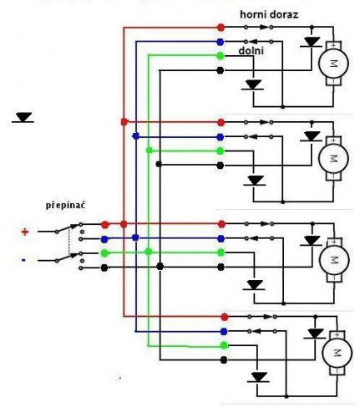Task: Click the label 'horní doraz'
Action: pyautogui.click(x=269, y=14)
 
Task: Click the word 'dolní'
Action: pyautogui.click(x=251, y=51)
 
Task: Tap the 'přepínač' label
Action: pyautogui.click(x=65, y=206)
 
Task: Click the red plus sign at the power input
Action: pyautogui.click(x=25, y=232)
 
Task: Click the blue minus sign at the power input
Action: pyautogui.click(x=23, y=260)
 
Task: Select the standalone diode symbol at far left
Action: pyautogui.click(x=23, y=118)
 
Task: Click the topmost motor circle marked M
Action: pyautogui.click(x=333, y=64)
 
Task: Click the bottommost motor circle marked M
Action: pyautogui.click(x=337, y=353)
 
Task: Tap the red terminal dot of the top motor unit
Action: pyautogui.click(x=221, y=28)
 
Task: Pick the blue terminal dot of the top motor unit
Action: pyautogui.click(x=221, y=42)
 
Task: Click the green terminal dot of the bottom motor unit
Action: pyautogui.click(x=224, y=345)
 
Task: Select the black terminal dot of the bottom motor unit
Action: pyautogui.click(x=224, y=360)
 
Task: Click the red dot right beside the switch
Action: pyautogui.click(x=105, y=225)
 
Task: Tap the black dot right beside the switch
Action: pyautogui.click(x=104, y=268)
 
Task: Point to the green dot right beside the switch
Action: pyautogui.click(x=104, y=253)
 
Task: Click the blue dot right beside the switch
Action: pyautogui.click(x=104, y=239)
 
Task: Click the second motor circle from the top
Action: pyautogui.click(x=333, y=159)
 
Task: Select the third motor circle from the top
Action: pyautogui.click(x=334, y=260)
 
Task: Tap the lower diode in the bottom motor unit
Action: pyautogui.click(x=259, y=377)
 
